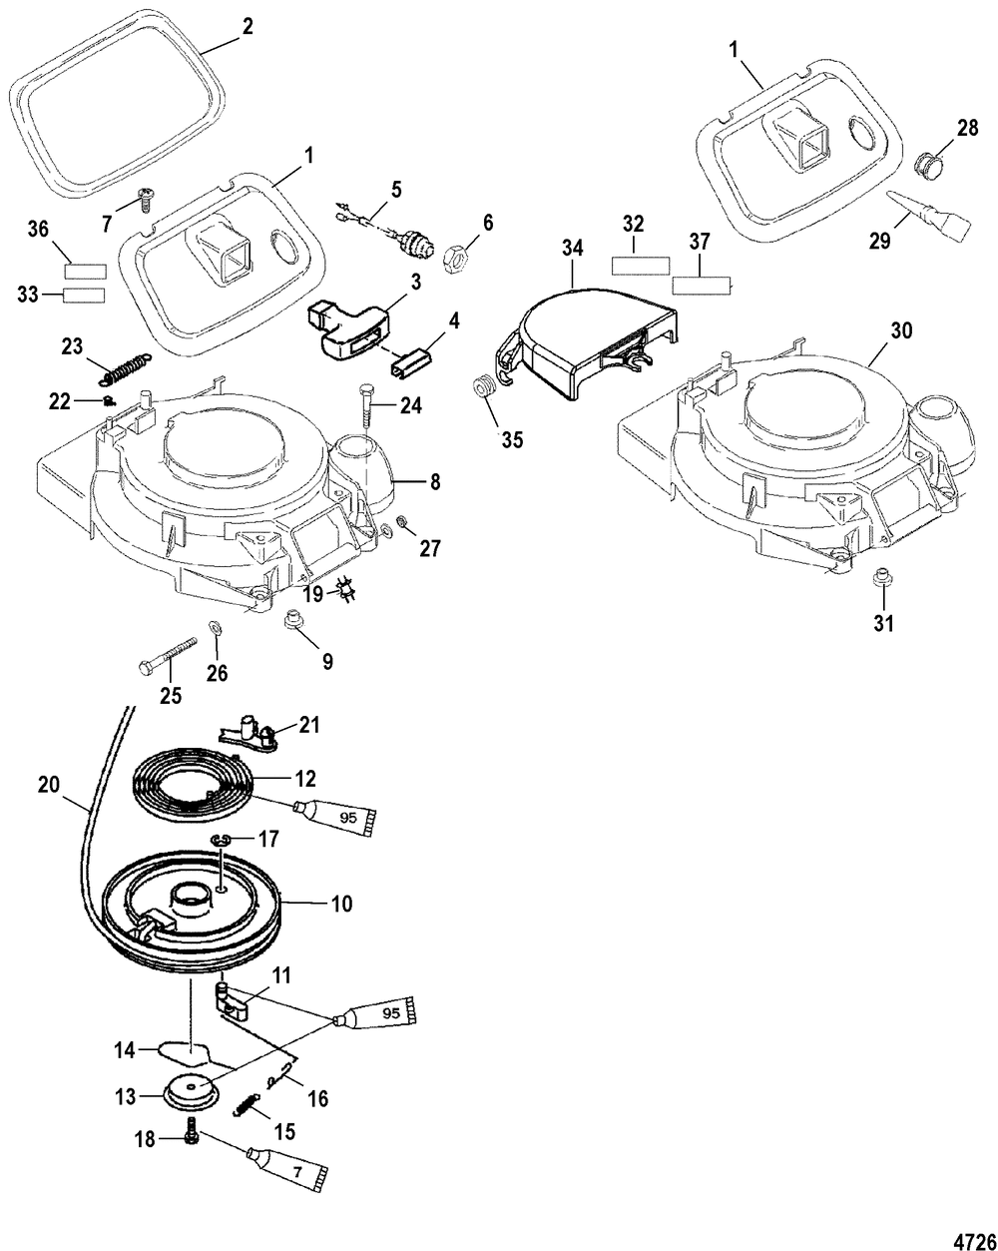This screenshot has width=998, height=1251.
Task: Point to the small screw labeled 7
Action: (142, 199)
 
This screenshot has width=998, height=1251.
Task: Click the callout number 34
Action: (572, 249)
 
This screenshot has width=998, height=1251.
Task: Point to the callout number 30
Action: (901, 330)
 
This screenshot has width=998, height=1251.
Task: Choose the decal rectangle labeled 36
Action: (85, 271)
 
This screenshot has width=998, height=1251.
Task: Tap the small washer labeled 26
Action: (214, 628)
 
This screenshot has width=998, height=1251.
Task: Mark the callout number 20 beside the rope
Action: (48, 785)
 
